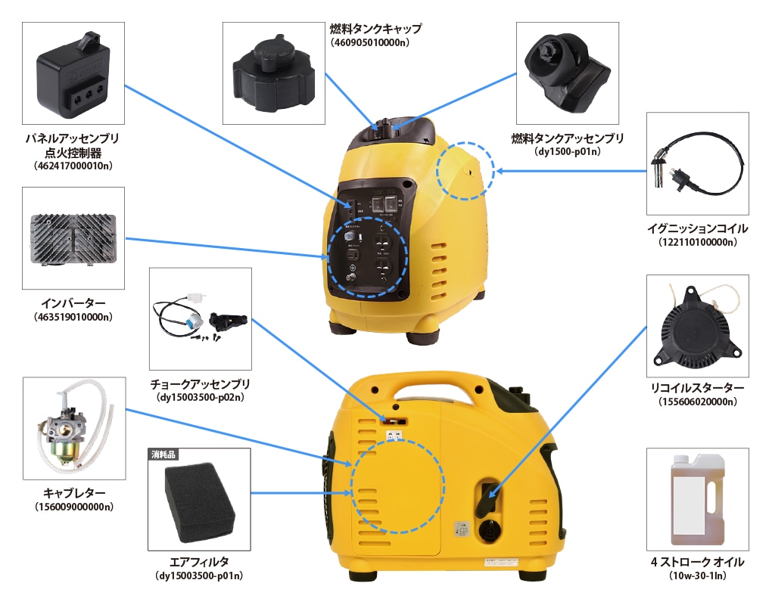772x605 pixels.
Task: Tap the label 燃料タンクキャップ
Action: pos(375,29)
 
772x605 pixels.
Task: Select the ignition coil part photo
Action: pos(697,164)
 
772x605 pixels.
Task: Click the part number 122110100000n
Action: pos(697,242)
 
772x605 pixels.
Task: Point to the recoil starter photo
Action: pos(697,325)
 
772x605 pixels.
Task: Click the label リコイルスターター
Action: pos(697,388)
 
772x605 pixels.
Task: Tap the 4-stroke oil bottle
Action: pos(696,499)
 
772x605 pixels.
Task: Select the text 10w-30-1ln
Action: pos(697,576)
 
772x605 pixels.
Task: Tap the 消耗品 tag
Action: pos(163,455)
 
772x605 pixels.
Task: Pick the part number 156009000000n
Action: pos(74,506)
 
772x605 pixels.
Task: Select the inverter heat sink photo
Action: pos(73,238)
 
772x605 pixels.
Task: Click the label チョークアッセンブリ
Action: pos(200,384)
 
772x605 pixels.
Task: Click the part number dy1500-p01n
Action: pos(567,151)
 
